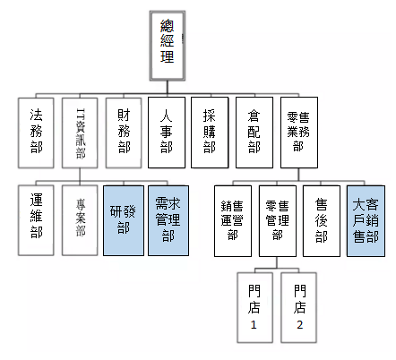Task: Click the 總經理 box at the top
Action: pos(168,46)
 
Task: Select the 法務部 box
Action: pos(36,133)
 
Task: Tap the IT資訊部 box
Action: pos(80,133)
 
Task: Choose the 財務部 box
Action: pos(124,133)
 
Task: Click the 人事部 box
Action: pos(167,133)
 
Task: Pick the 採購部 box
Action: pos(210,133)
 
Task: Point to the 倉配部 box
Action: pos(254,133)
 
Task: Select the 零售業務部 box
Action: pos(299,133)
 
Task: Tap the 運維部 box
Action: pos(36,220)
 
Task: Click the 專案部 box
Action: pos(80,220)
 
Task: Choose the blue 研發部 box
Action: pos(124,220)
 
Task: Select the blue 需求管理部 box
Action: pos(168,220)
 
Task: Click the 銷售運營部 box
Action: pos(233,221)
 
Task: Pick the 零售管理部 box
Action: pos(278,221)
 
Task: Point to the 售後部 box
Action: pos(322,221)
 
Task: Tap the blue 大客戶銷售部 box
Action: pos(366,221)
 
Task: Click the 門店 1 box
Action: pos(255,307)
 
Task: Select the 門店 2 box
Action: pos(298,307)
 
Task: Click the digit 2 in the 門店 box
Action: pos(300,325)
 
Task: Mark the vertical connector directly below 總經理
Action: pos(168,88)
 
